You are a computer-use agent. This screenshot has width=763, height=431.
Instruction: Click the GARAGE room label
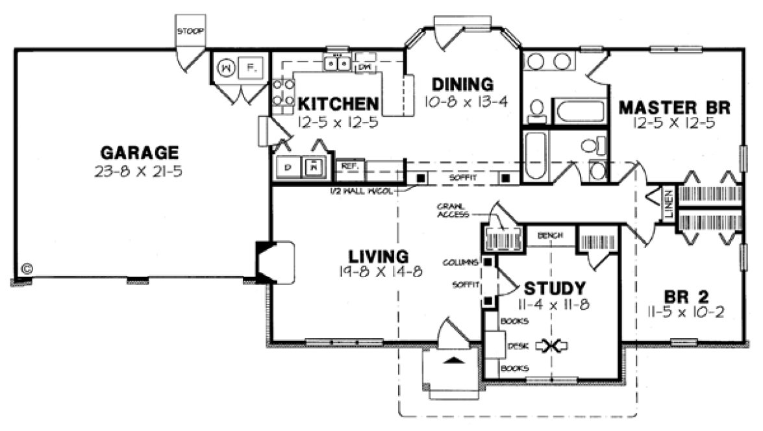(139, 153)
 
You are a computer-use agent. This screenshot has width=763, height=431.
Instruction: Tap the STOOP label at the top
(190, 31)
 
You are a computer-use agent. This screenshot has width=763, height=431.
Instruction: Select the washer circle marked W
(225, 67)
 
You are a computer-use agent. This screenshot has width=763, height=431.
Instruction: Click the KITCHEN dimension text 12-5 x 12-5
(337, 121)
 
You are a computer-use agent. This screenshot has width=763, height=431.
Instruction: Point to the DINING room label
(463, 84)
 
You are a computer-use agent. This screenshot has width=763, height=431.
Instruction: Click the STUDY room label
(555, 288)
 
